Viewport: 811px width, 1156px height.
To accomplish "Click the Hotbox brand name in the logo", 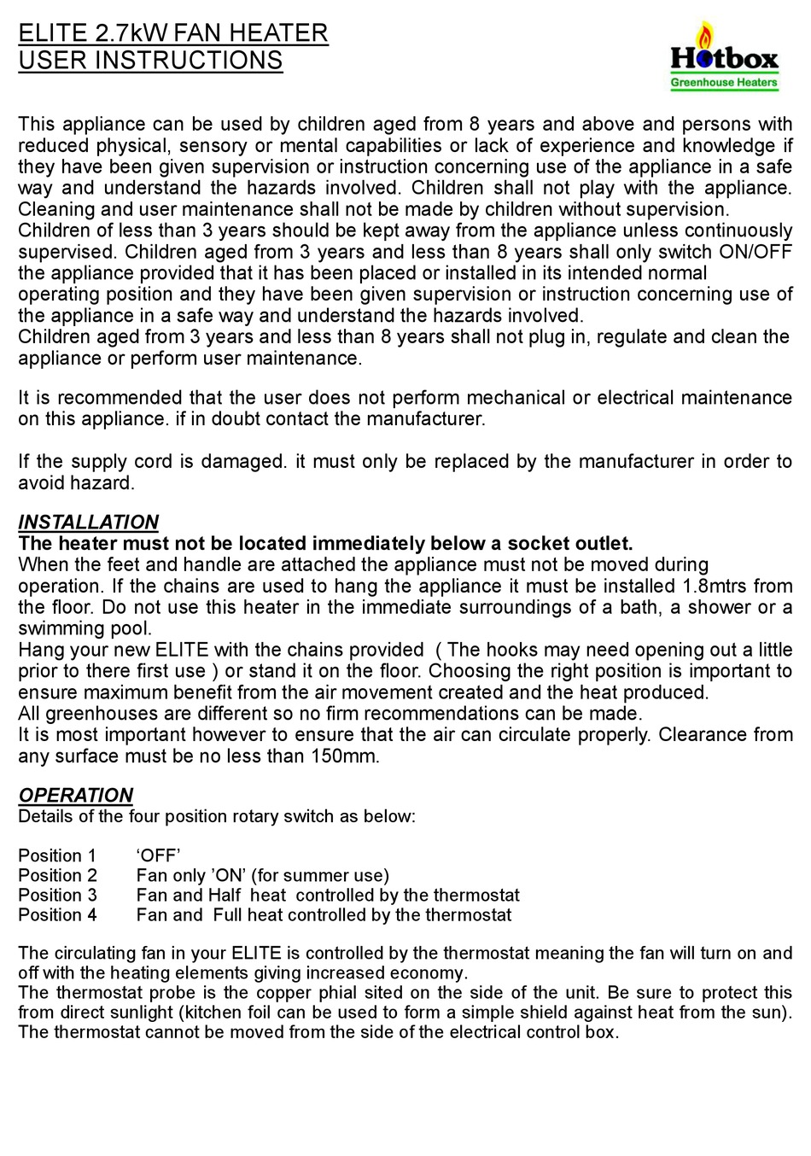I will (724, 59).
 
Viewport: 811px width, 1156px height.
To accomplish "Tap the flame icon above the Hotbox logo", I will (705, 36).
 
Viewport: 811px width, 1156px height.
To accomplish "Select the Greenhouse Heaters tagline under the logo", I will (724, 83).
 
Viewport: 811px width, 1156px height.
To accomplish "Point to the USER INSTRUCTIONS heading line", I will (150, 61).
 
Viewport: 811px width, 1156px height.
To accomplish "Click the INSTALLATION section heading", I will (89, 522).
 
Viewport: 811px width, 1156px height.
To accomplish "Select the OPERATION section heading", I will (76, 795).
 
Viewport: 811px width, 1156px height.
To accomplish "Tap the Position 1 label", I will (57, 855).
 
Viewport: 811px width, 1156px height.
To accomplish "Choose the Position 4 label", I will (57, 914).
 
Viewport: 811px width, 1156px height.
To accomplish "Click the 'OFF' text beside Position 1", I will (159, 855).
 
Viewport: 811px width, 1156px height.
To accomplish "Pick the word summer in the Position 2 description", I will (320, 875).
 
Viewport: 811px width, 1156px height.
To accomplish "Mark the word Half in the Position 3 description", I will (225, 895).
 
